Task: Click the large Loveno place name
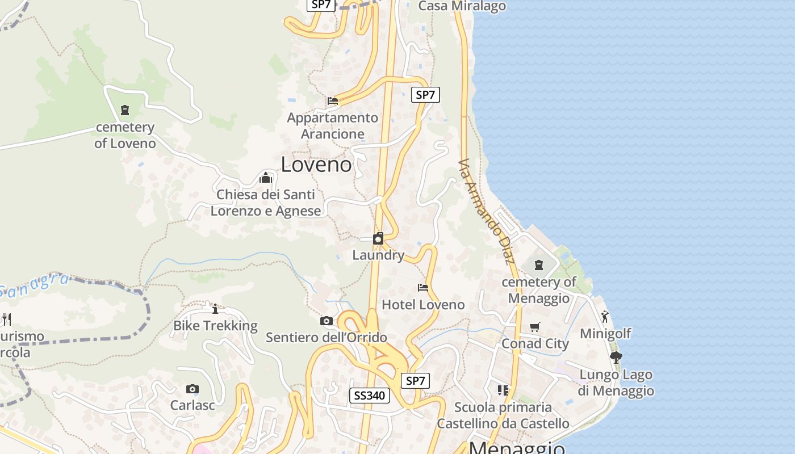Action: [x=316, y=165]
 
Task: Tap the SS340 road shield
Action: [x=369, y=396]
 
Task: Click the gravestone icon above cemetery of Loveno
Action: [x=125, y=110]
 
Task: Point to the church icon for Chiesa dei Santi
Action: [x=265, y=178]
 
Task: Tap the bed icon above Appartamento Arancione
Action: [x=333, y=101]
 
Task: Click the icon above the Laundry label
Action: [x=378, y=238]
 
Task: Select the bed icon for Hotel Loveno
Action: [x=423, y=288]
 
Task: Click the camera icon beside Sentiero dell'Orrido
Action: [x=326, y=321]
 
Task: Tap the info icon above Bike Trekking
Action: [x=215, y=309]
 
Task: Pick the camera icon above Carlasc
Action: [x=193, y=389]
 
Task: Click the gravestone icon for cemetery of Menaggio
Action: [x=539, y=264]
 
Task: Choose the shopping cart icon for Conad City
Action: [x=535, y=327]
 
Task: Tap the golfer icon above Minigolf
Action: [x=605, y=317]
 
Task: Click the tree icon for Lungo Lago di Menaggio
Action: [x=616, y=358]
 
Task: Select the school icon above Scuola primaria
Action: [x=503, y=390]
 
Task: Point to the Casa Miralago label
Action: [x=462, y=6]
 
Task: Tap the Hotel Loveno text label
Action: [x=423, y=305]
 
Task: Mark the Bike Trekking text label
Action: [x=215, y=326]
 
